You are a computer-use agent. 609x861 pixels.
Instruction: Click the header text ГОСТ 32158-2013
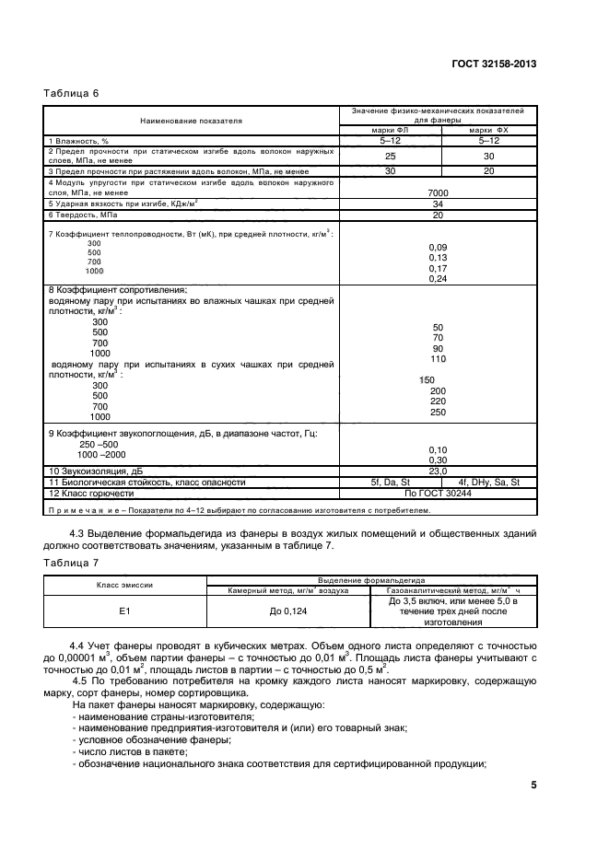pyautogui.click(x=494, y=64)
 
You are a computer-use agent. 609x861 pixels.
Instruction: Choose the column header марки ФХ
pyautogui.click(x=488, y=130)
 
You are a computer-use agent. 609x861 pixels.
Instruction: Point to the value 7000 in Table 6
pyautogui.click(x=438, y=192)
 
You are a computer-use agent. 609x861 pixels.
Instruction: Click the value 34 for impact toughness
pyautogui.click(x=438, y=204)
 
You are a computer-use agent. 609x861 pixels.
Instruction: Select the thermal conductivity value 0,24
pyautogui.click(x=438, y=279)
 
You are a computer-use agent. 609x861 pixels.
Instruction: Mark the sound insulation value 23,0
pyautogui.click(x=438, y=471)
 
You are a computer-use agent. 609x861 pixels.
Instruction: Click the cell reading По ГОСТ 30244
pyautogui.click(x=438, y=493)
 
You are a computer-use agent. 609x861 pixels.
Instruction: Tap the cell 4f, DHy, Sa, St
pyautogui.click(x=488, y=482)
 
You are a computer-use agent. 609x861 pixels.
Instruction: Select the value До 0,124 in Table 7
pyautogui.click(x=287, y=609)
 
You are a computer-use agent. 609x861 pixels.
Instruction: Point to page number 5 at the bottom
pyautogui.click(x=533, y=785)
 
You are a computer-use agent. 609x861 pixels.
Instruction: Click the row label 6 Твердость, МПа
pyautogui.click(x=84, y=215)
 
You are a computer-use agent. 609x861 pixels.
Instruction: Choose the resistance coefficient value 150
pyautogui.click(x=427, y=379)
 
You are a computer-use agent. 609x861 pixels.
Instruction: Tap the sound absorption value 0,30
pyautogui.click(x=438, y=460)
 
